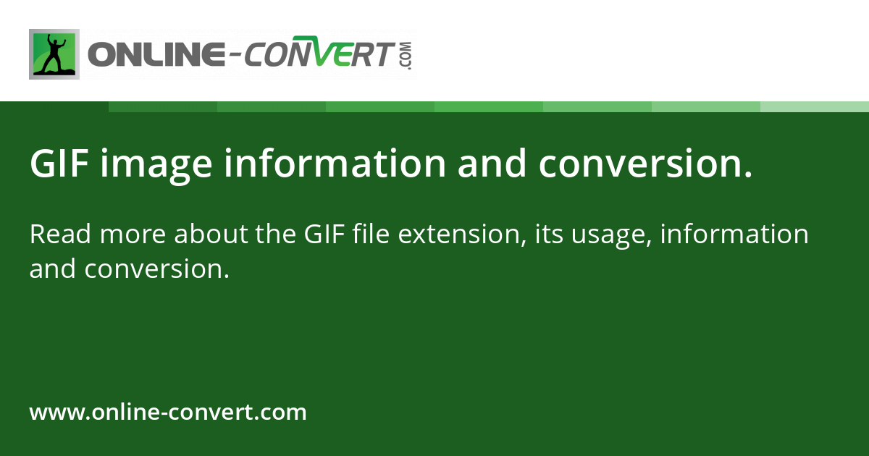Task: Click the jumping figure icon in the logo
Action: coord(54,54)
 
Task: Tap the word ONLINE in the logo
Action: coord(153,56)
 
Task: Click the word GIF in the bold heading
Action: coord(59,164)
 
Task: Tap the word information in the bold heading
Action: coord(335,164)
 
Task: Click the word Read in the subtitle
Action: coord(59,235)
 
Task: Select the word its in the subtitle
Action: coord(548,235)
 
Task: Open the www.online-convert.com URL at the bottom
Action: coord(168,413)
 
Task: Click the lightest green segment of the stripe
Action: coord(815,106)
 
